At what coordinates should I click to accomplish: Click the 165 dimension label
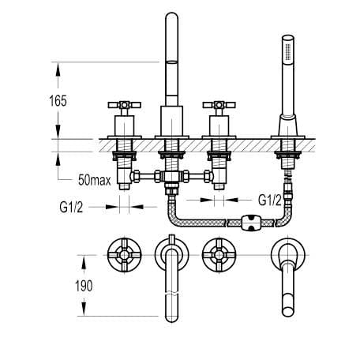point(58,101)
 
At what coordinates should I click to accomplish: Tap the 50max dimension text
point(95,180)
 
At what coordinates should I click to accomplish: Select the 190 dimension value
point(84,286)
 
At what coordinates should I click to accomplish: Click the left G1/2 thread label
point(71,208)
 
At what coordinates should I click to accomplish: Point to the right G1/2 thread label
point(270,201)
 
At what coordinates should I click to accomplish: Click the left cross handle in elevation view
point(125,105)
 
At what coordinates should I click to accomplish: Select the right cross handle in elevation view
point(219,105)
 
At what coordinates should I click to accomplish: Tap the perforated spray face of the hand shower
point(288,52)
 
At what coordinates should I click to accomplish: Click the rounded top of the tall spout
point(172,17)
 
